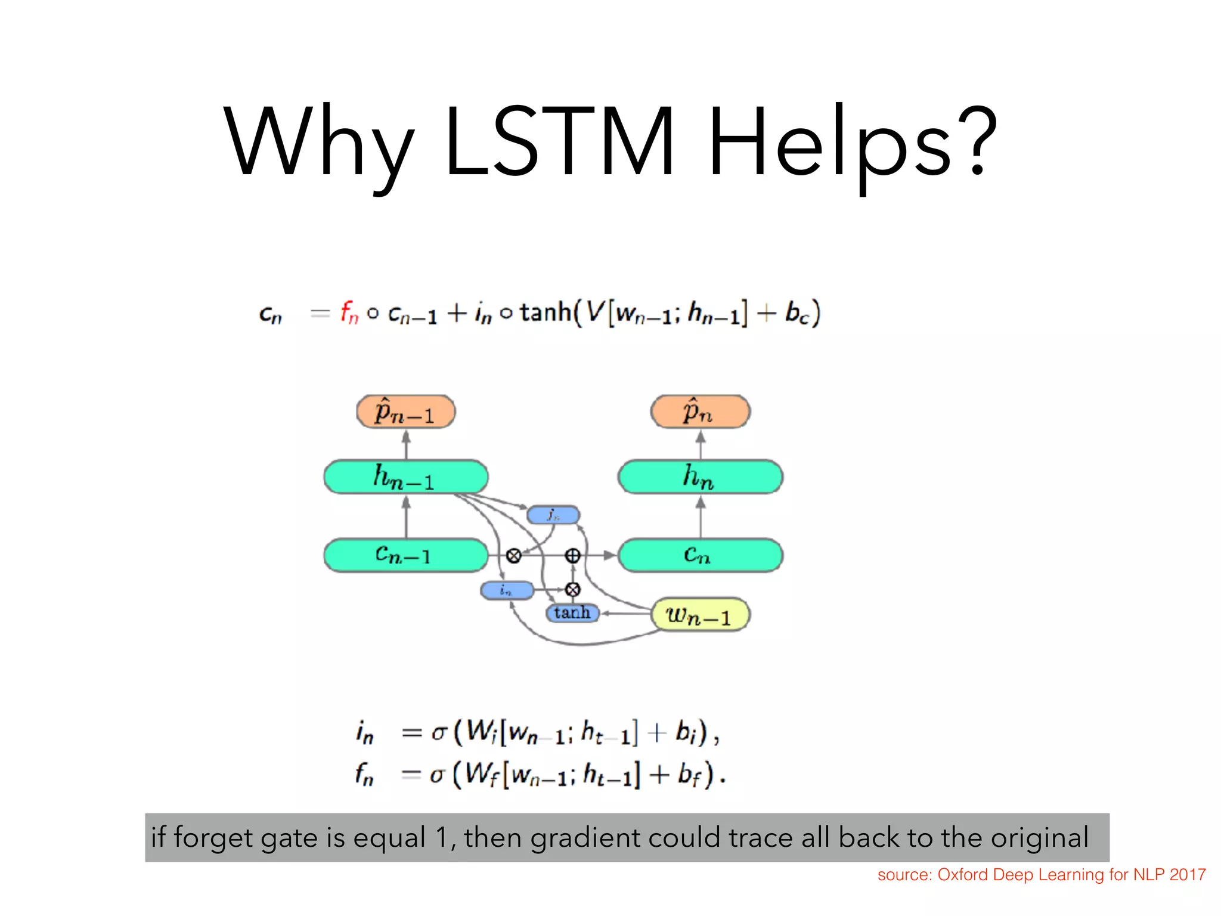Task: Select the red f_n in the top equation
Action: coord(349,312)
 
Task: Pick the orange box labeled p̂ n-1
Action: coord(405,411)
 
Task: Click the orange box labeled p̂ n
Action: coord(700,411)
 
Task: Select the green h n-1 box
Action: coord(405,477)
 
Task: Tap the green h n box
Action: coord(700,477)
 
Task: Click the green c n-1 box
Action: coord(405,555)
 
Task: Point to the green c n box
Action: coord(700,555)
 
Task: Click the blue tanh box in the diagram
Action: coord(572,612)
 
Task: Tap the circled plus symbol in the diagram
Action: coord(572,556)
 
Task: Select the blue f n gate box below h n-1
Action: coord(553,515)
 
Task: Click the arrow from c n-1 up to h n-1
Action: coord(406,517)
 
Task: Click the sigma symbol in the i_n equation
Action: coord(439,732)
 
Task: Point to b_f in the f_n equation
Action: coord(689,775)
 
